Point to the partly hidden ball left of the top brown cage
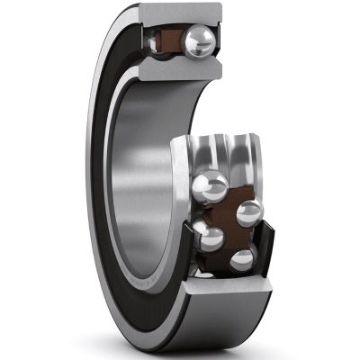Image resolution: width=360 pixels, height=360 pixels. coord(152,39)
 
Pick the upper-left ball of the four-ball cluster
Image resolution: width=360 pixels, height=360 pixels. coord(209,187)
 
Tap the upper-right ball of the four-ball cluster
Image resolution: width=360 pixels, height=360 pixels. coord(248,212)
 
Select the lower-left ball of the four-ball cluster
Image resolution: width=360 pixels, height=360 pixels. coord(210,237)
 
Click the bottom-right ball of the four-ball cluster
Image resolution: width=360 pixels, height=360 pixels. coord(241,260)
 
